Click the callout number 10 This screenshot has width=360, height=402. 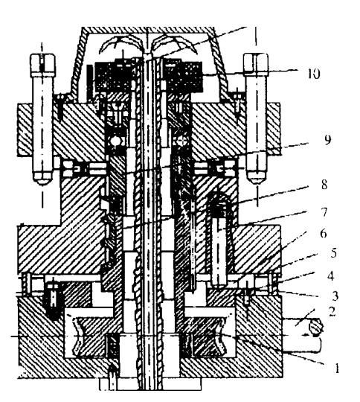click(314, 74)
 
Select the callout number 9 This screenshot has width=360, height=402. click(327, 140)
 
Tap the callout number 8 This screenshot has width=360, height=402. click(324, 185)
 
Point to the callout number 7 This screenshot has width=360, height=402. click(324, 212)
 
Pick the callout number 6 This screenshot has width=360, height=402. click(324, 233)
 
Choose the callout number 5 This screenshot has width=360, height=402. click(333, 253)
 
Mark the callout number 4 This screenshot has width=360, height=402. click(330, 276)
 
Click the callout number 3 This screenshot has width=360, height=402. click(335, 296)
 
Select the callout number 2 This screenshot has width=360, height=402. click(332, 311)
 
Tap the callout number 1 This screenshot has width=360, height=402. click(337, 368)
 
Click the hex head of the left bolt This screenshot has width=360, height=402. click(42, 65)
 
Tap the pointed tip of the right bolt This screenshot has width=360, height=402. click(255, 183)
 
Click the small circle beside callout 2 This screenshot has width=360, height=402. click(316, 328)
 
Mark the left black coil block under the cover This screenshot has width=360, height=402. click(114, 76)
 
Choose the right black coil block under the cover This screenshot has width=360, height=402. click(184, 76)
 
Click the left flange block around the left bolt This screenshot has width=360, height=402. click(25, 130)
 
